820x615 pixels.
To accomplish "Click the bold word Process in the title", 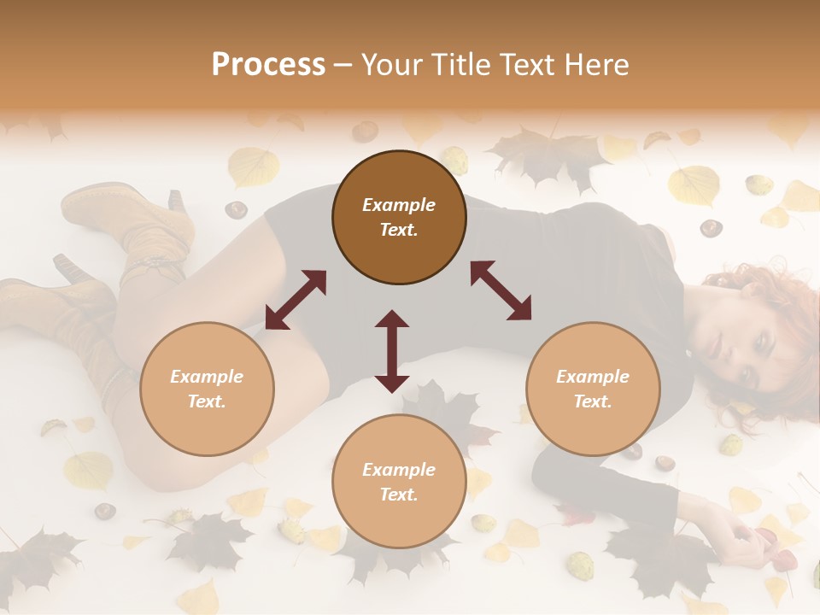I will pos(268,65).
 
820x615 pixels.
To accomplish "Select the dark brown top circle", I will pos(399,218).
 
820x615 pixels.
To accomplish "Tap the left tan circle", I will pos(207,389).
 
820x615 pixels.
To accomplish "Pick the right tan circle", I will pos(593,389).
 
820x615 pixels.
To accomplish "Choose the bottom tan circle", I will pos(399,482).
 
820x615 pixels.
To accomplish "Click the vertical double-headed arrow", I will pos(392,351).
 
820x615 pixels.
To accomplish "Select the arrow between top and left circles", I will pos(296,300).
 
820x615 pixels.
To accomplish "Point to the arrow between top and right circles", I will pos(501,290).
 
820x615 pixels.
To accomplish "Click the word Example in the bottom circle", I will pos(399,469).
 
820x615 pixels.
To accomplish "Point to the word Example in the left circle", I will pos(207,376).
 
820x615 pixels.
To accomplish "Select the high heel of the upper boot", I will pos(177,201).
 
